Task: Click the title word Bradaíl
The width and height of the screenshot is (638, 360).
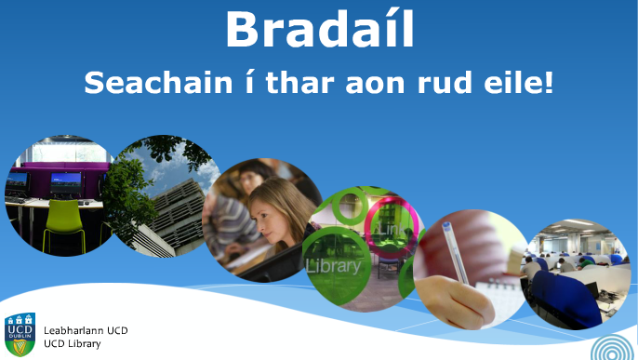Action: pos(320,29)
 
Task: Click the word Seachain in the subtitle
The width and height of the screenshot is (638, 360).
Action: pos(158,83)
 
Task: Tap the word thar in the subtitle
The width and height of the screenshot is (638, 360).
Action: pos(299,83)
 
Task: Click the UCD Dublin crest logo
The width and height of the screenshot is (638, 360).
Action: pos(20,334)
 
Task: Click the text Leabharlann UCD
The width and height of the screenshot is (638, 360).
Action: pos(86,330)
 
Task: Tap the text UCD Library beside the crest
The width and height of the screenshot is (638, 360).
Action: pos(73,344)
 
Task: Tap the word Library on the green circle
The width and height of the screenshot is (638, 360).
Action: pos(333,266)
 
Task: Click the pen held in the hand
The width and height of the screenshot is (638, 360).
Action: pos(456,252)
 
